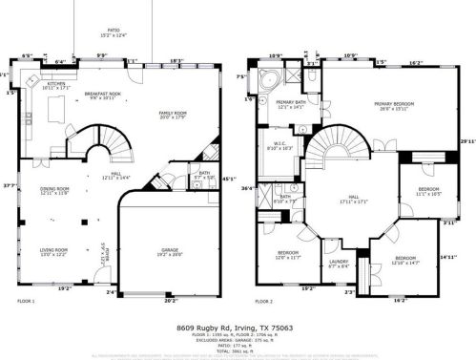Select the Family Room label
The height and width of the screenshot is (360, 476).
click(174, 115)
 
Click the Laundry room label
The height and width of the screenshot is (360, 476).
click(339, 265)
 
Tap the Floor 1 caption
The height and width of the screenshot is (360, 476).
click(26, 302)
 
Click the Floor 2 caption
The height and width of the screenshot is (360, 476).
click(264, 302)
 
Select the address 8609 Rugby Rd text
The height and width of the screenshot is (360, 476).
click(238, 328)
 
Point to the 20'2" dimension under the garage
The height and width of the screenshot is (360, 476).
click(171, 300)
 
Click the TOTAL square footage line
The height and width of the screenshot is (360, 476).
click(238, 350)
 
